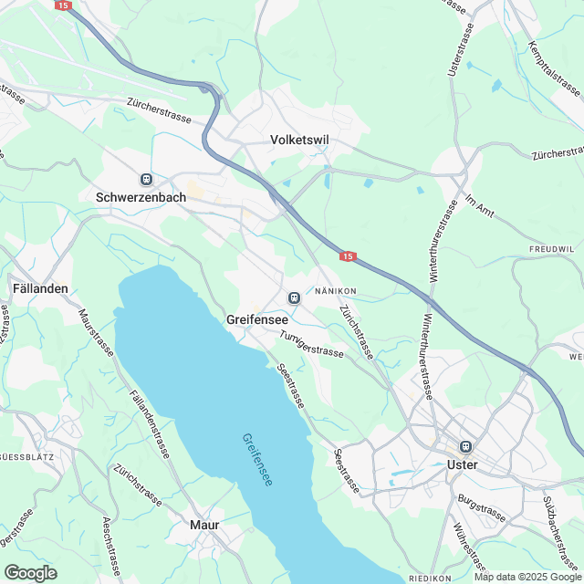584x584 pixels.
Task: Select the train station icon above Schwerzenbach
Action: pos(146,179)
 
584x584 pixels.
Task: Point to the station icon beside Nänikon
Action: pos(293,297)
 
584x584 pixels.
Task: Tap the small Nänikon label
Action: pos(335,291)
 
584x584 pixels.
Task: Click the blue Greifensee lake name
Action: pos(257,458)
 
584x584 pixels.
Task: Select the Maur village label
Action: pos(204,525)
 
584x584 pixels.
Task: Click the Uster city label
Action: pos(464,464)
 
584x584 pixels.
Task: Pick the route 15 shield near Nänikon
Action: pos(348,257)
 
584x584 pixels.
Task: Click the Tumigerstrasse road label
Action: pos(312,344)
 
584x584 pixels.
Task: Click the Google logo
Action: pos(30,572)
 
